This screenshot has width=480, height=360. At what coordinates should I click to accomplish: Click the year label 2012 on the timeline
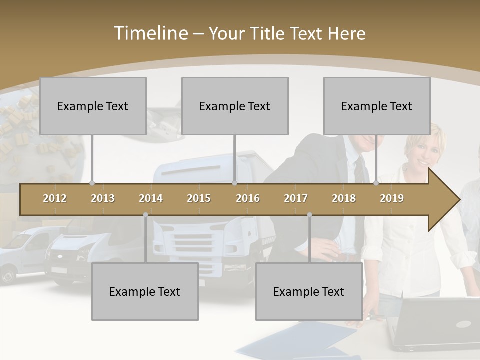click(x=55, y=198)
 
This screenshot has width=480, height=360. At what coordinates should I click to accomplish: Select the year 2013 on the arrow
click(x=103, y=198)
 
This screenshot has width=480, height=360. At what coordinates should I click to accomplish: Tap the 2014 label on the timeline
click(x=151, y=198)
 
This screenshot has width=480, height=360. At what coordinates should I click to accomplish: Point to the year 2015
click(x=199, y=198)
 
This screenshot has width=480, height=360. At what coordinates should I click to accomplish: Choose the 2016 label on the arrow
click(x=248, y=198)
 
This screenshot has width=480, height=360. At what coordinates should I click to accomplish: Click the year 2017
click(x=296, y=198)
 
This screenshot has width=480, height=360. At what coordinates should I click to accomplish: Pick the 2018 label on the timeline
click(x=344, y=198)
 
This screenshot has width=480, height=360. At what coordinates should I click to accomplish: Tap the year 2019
click(x=392, y=198)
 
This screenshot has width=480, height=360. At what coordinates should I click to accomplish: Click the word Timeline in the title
click(x=150, y=33)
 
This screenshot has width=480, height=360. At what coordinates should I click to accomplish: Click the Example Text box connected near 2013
click(x=93, y=106)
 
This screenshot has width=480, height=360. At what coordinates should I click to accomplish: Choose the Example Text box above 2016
click(x=235, y=106)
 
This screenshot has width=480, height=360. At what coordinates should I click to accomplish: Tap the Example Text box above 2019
click(x=377, y=106)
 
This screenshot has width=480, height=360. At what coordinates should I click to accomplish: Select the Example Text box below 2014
click(x=145, y=291)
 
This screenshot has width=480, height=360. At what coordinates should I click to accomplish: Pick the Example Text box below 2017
click(x=309, y=291)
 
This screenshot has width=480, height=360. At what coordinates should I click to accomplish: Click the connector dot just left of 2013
click(x=92, y=183)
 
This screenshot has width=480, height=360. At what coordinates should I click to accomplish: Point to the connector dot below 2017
click(x=309, y=215)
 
